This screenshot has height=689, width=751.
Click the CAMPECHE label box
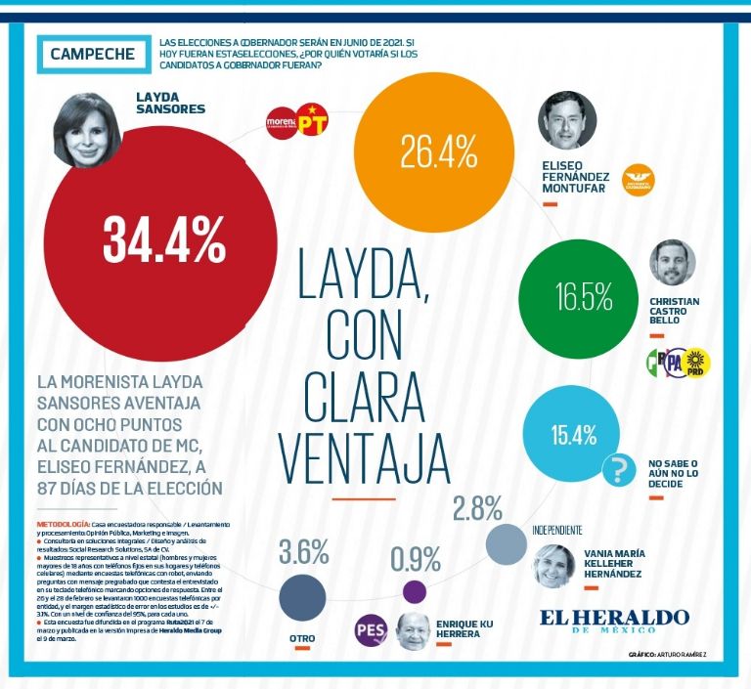pyautogui.click(x=93, y=54)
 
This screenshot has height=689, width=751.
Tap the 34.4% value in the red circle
pyautogui.click(x=164, y=238)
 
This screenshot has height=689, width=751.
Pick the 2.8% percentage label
pyautogui.click(x=477, y=508)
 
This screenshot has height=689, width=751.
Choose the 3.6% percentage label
pyautogui.click(x=303, y=552)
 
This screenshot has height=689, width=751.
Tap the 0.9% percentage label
pyautogui.click(x=415, y=558)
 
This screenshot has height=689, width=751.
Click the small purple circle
pyautogui.click(x=415, y=591)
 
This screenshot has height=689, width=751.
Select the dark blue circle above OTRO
pyautogui.click(x=302, y=597)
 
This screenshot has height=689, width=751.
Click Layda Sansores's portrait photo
pyautogui.click(x=95, y=128)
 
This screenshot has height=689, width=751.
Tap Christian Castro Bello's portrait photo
pyautogui.click(x=672, y=262)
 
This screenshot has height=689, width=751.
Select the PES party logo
pyautogui.click(x=372, y=629)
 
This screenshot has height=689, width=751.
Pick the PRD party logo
pyautogui.click(x=697, y=362)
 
